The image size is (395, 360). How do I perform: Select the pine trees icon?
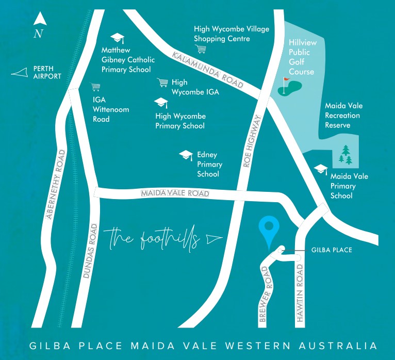[x=346, y=154]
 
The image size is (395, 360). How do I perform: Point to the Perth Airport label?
[x=47, y=72]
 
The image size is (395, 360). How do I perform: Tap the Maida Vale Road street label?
[x=175, y=193]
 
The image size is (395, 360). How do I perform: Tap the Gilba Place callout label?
[x=332, y=250]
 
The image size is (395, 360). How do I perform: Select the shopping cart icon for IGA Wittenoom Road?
[x=95, y=87]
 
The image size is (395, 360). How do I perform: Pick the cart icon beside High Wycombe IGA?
[x=163, y=83]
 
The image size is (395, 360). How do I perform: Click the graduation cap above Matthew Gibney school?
[x=118, y=38]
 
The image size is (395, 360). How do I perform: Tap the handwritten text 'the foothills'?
[x=154, y=239]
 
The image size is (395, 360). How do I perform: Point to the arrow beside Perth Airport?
[x=20, y=74]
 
